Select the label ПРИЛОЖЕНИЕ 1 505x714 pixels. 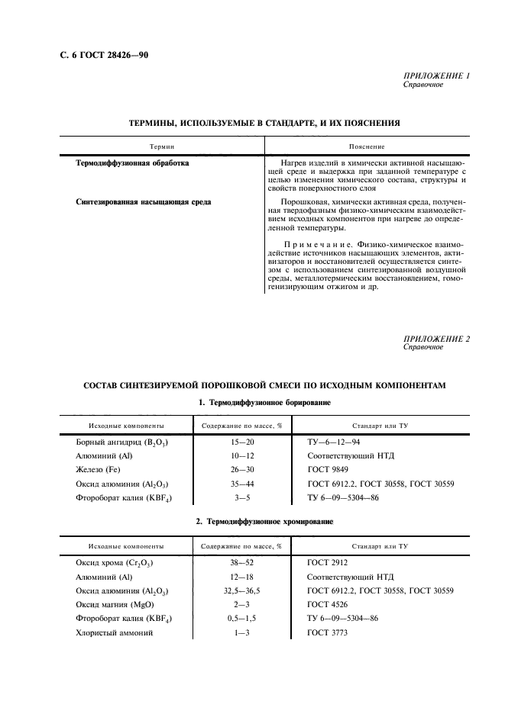tap(435, 77)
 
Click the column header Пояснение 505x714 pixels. tap(366, 146)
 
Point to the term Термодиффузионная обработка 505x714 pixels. tap(133, 163)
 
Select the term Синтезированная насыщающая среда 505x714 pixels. tap(144, 202)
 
